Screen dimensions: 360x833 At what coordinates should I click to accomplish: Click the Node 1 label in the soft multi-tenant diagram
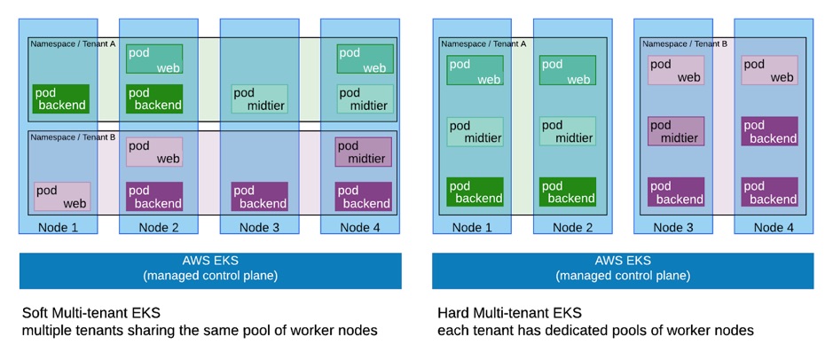pos(58,227)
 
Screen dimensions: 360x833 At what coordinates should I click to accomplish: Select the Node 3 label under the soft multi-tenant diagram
pos(259,227)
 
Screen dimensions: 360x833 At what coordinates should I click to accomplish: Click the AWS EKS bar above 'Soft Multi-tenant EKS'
pos(210,269)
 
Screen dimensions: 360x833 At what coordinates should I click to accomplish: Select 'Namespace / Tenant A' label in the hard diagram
pos(483,43)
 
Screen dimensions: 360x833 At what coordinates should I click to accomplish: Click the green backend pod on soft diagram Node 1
pos(61,98)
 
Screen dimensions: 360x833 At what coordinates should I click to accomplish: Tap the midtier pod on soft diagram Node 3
pos(259,98)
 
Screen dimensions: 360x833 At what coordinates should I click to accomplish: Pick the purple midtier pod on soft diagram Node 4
pos(362,152)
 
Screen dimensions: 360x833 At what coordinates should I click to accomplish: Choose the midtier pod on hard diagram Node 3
pos(675,131)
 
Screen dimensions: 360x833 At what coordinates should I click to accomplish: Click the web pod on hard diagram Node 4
pos(768,70)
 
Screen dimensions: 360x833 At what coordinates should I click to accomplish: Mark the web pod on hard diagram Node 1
pos(475,70)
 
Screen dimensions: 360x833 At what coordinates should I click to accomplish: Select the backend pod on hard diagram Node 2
pos(567,192)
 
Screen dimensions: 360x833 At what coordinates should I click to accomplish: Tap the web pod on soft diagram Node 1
pos(62,196)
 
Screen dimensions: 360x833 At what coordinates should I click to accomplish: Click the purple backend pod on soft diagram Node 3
pos(259,196)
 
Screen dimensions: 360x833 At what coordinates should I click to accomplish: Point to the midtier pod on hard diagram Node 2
pos(567,131)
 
